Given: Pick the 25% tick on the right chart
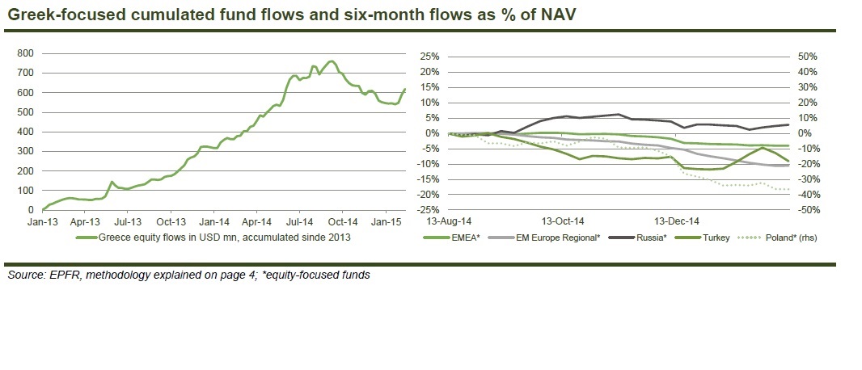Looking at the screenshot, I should click(429, 57).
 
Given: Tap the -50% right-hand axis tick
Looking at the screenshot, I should click(807, 210).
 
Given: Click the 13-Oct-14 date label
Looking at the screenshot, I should click(564, 220).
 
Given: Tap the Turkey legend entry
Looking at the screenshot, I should click(717, 238).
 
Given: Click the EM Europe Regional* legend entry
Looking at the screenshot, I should click(562, 238).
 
